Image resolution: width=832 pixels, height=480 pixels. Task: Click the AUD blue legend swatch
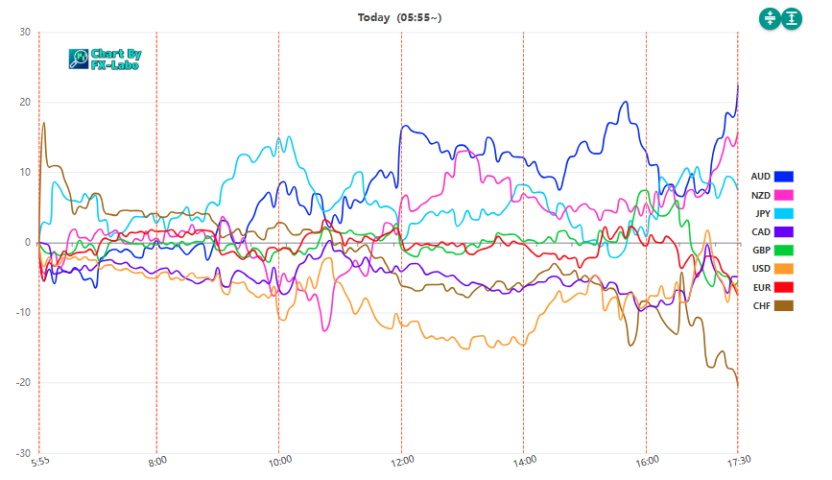[x=784, y=177]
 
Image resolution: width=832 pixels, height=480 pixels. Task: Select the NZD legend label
[x=760, y=195]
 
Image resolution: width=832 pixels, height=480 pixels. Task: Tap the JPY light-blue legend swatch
[x=784, y=213]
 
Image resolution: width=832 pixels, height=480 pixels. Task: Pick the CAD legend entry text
[x=760, y=231]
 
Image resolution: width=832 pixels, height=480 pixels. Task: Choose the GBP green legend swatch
[x=784, y=250]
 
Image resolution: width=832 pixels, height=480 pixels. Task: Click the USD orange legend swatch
[x=784, y=269]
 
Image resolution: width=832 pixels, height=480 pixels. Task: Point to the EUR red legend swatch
[x=784, y=287]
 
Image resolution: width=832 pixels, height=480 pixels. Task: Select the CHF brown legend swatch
[x=784, y=305]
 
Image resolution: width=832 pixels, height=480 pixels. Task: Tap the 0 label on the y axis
[x=28, y=243]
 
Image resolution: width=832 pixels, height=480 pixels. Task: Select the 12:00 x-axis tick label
[x=401, y=461]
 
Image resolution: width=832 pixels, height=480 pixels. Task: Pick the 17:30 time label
[x=736, y=461]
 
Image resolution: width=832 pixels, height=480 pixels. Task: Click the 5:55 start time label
[x=40, y=461]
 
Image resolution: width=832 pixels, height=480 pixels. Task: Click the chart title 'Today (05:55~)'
[x=399, y=17]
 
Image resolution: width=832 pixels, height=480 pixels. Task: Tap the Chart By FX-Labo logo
[x=106, y=60]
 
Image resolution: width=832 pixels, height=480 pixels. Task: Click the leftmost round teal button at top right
[x=769, y=18]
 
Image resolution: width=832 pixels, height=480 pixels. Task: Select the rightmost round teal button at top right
[x=791, y=18]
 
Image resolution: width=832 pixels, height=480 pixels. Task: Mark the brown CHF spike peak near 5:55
[x=44, y=123]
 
